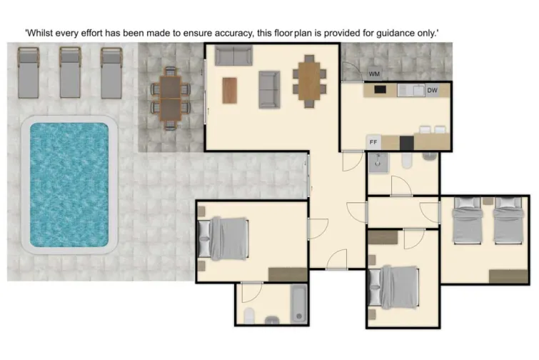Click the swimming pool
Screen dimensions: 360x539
coord(69,185)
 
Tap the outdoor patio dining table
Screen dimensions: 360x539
coord(171,97)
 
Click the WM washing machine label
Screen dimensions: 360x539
coord(374,74)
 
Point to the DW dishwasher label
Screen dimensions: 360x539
coord(432,91)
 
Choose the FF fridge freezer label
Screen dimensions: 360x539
coord(373,142)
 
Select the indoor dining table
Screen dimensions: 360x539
coord(308,81)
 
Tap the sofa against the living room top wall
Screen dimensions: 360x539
coord(233,56)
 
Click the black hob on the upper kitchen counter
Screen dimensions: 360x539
coord(380,90)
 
